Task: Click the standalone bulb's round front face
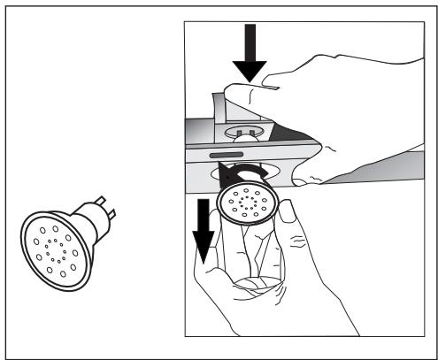tap(52, 242)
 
